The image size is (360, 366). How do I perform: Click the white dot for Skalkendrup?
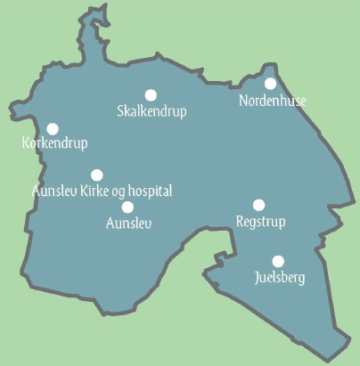(x=151, y=94)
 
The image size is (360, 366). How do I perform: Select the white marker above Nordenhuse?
(x=271, y=84)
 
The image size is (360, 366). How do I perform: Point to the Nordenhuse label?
(x=273, y=102)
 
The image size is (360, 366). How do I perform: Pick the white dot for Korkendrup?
(x=53, y=129)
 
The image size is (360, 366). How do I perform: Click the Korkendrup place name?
(x=53, y=142)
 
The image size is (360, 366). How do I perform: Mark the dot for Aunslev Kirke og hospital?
(x=97, y=175)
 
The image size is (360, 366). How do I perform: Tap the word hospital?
(x=149, y=191)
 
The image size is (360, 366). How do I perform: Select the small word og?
(x=119, y=192)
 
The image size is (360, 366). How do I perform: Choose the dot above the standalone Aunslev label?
(x=127, y=207)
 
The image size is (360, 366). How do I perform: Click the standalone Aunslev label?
(x=128, y=223)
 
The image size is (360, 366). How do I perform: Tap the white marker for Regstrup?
(x=259, y=205)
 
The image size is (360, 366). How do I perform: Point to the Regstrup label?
(x=259, y=221)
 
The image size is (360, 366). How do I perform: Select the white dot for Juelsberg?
(x=278, y=261)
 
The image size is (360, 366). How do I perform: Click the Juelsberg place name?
(x=279, y=278)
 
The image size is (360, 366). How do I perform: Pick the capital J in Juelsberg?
(x=257, y=278)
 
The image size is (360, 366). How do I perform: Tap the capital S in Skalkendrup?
(x=121, y=111)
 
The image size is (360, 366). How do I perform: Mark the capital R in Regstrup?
(x=240, y=220)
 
